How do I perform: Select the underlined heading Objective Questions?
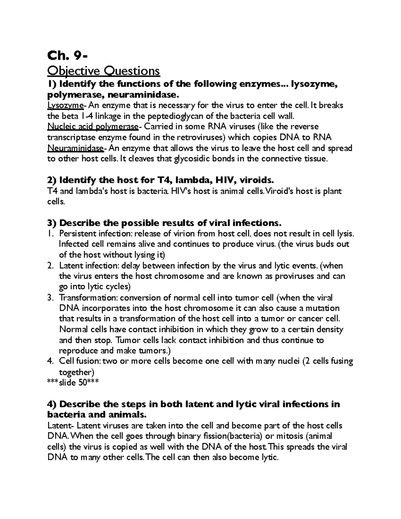point(104,71)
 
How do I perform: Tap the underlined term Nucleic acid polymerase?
point(93,127)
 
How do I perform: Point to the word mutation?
point(322,308)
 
